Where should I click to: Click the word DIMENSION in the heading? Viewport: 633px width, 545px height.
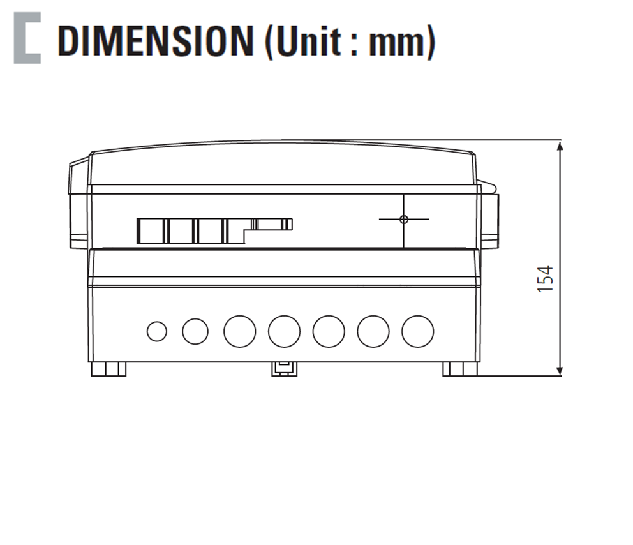coord(156,41)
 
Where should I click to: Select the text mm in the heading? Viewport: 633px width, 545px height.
coord(397,43)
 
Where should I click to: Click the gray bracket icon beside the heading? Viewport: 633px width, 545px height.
coord(27,38)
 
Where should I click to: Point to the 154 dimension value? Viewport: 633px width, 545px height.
coord(545,279)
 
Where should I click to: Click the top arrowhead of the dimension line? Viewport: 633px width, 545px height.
coord(560,146)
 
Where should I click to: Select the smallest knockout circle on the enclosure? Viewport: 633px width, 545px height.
coord(157,331)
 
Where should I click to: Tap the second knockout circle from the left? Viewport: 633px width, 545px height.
coord(195,331)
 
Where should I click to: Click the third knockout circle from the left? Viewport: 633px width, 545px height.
coord(240,331)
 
